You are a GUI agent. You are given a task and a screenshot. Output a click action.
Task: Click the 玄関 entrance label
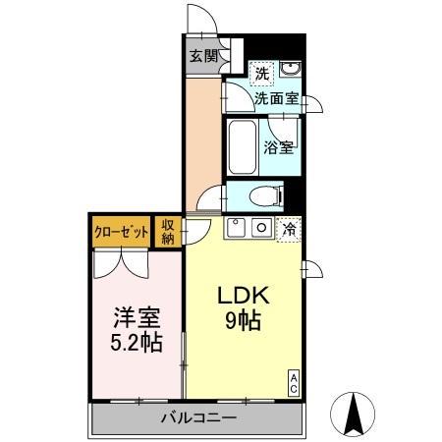203,55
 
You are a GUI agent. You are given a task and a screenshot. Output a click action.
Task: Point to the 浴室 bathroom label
279,147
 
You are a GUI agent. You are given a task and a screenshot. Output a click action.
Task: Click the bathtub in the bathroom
242,147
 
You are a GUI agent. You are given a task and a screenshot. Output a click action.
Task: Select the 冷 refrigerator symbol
290,229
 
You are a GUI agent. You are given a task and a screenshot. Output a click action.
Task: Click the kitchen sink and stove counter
251,229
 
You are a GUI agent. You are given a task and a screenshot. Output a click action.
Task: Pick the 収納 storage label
168,232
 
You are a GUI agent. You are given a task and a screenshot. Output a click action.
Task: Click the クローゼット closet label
122,232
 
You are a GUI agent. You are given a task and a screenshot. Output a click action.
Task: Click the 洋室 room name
135,319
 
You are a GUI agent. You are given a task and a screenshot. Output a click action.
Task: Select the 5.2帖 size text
135,344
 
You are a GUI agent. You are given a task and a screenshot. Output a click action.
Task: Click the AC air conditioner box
293,383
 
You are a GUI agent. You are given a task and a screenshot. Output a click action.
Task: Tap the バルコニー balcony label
197,419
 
